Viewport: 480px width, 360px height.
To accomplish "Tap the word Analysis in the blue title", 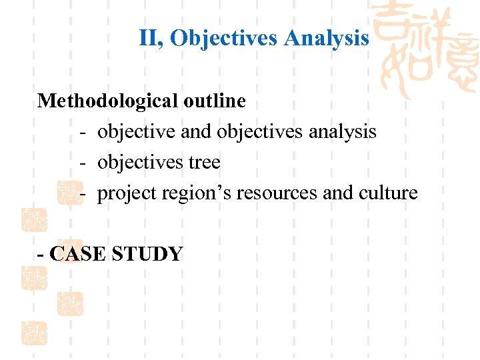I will (326, 39).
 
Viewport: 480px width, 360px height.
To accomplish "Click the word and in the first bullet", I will (196, 132).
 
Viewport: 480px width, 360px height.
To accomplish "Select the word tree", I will (205, 163).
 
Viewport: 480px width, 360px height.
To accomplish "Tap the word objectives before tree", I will (140, 163).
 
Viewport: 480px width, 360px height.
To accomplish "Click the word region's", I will (177, 193).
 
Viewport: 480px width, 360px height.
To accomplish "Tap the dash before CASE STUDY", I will (42, 254).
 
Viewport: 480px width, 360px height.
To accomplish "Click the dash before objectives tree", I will (83, 163).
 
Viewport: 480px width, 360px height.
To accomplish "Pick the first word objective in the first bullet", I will (136, 132).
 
